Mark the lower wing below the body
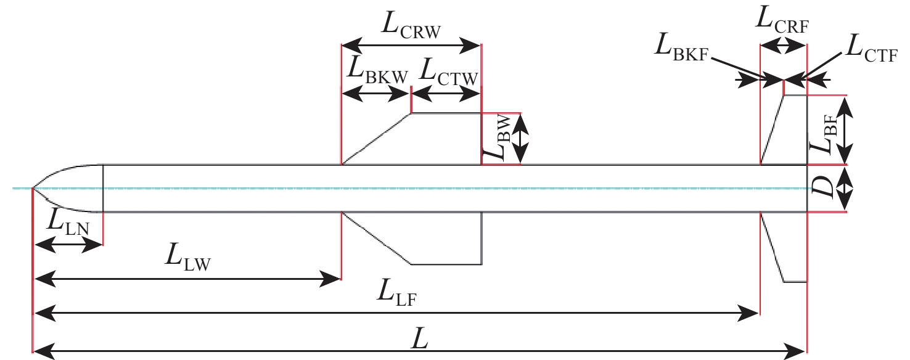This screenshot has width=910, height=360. point(425,237)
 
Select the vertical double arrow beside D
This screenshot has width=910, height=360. point(846,189)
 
